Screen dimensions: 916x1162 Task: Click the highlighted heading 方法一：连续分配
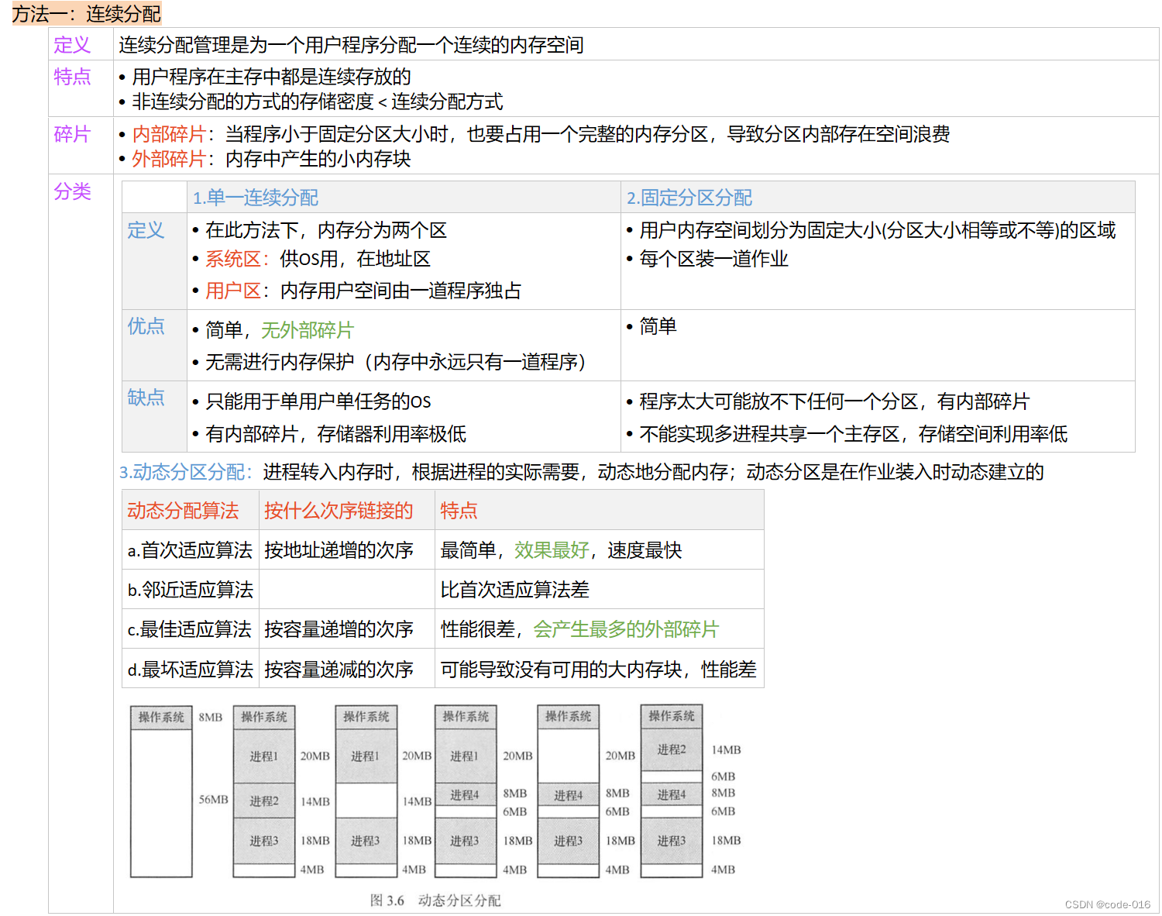tap(86, 14)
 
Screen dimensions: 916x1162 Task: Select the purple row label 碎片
tap(72, 134)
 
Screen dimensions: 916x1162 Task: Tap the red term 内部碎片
tap(169, 134)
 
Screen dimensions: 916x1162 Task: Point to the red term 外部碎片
tap(169, 159)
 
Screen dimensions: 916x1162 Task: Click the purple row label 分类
tap(72, 191)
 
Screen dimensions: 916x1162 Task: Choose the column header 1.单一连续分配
tap(255, 198)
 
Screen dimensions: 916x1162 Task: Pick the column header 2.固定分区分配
tap(689, 198)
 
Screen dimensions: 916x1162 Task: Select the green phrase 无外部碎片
tap(307, 330)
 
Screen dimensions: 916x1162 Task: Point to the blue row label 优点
tap(146, 326)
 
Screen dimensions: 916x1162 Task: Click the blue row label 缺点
tap(146, 398)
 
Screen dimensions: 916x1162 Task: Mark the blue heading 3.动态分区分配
tap(185, 472)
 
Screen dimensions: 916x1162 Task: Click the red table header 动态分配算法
tap(183, 511)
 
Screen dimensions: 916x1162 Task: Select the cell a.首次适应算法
tap(190, 550)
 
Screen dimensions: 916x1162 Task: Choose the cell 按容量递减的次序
tap(339, 670)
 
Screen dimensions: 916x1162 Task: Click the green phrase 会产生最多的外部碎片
tap(626, 629)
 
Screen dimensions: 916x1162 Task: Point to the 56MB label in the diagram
tap(213, 800)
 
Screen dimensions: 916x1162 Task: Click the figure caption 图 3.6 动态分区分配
tap(435, 901)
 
